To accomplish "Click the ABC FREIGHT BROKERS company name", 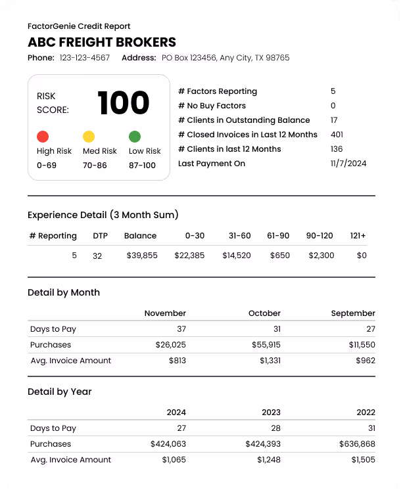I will (x=102, y=43).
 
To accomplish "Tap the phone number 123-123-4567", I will (x=85, y=58).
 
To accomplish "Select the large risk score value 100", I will (x=124, y=103).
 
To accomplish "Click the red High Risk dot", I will (x=43, y=137).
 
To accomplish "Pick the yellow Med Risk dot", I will (x=89, y=137).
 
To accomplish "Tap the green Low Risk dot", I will (x=135, y=137).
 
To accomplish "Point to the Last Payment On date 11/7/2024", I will (x=348, y=164).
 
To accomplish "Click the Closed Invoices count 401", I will (x=337, y=135).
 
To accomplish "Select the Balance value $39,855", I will (x=142, y=256).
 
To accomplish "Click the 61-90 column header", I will (x=278, y=236).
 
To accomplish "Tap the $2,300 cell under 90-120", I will (x=321, y=256).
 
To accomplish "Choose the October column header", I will (x=264, y=313).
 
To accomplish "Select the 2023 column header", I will (x=270, y=413).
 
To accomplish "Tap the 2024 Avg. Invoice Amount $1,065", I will (x=174, y=460).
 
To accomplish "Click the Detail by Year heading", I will (x=60, y=391).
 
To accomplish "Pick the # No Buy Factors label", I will (x=212, y=106).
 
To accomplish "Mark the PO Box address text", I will (x=225, y=58).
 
